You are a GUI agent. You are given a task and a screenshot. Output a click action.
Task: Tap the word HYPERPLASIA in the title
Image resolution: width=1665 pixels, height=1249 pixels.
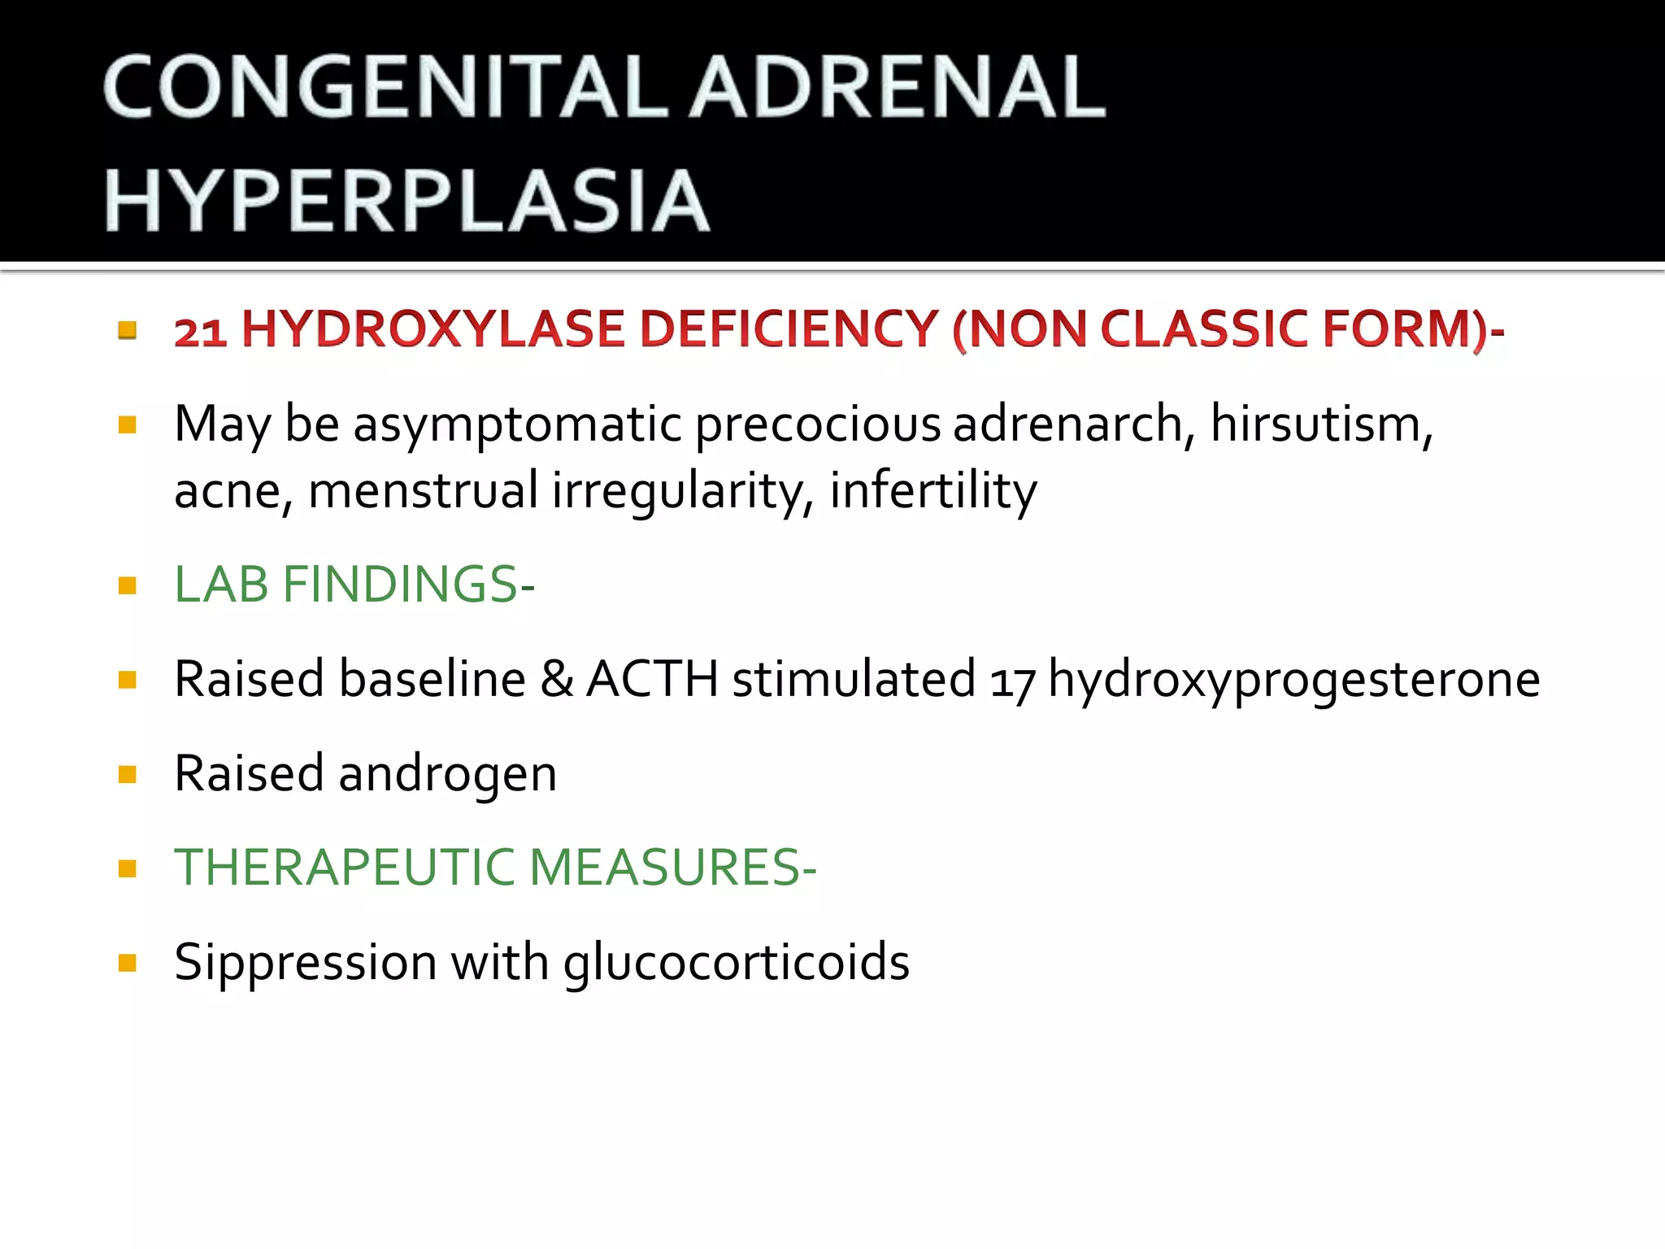coord(406,201)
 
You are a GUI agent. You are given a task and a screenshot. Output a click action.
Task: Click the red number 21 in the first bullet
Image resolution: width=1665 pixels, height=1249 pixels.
coord(200,331)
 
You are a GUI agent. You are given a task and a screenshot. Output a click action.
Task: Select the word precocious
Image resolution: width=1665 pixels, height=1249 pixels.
coord(816,424)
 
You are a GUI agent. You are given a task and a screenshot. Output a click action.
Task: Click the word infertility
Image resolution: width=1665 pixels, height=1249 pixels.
coord(932,490)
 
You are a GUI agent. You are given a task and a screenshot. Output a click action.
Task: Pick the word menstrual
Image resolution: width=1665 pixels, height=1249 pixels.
coord(423,490)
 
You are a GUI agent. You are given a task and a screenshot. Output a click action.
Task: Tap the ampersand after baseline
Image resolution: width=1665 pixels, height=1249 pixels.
coord(556,678)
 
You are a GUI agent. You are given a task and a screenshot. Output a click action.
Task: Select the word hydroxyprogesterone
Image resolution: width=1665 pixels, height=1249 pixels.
coord(1293,680)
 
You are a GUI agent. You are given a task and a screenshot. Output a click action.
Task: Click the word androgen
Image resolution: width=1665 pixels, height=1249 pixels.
coord(447,774)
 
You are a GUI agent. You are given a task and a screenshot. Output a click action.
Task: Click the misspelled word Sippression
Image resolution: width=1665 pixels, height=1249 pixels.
coord(306,963)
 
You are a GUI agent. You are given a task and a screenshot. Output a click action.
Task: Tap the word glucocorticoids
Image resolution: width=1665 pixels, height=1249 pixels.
coord(736,963)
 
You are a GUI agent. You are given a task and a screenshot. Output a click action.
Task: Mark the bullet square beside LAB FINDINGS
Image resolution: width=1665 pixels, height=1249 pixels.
coord(127,585)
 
